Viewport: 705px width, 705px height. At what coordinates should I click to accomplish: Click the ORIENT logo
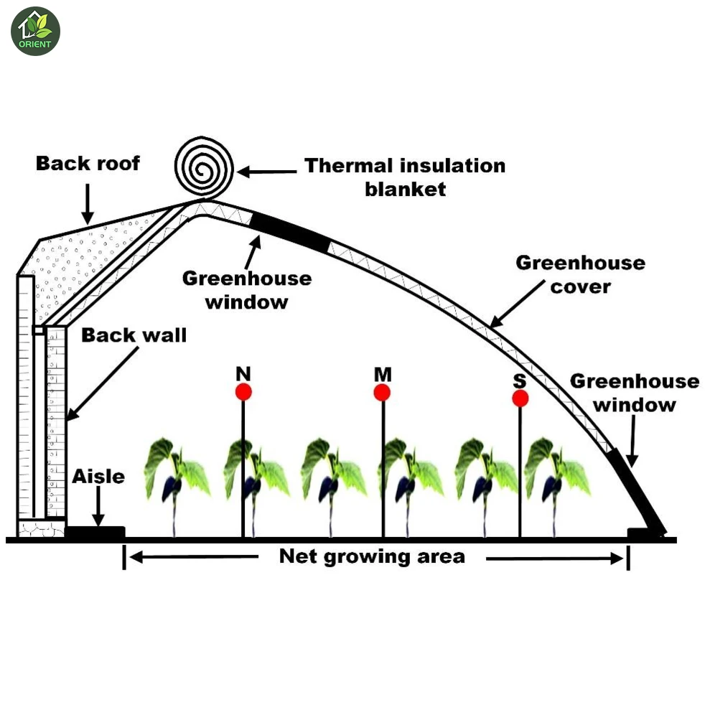35,32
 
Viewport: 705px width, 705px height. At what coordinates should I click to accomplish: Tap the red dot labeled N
243,392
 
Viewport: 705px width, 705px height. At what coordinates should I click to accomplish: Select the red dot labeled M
382,393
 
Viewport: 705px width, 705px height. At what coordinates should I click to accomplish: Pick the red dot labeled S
520,398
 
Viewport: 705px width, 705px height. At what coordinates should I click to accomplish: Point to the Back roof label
88,164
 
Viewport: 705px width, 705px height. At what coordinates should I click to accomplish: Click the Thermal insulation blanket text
405,177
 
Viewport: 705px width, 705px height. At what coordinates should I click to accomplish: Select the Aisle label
98,477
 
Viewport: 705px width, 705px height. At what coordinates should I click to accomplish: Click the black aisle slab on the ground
95,532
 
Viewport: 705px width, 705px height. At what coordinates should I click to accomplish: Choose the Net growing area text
372,556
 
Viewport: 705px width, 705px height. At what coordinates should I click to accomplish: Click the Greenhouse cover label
580,274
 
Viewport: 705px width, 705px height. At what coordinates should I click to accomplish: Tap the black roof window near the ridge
290,231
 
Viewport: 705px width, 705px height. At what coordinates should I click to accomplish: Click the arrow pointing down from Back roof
88,204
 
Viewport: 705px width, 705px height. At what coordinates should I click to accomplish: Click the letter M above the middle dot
382,374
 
